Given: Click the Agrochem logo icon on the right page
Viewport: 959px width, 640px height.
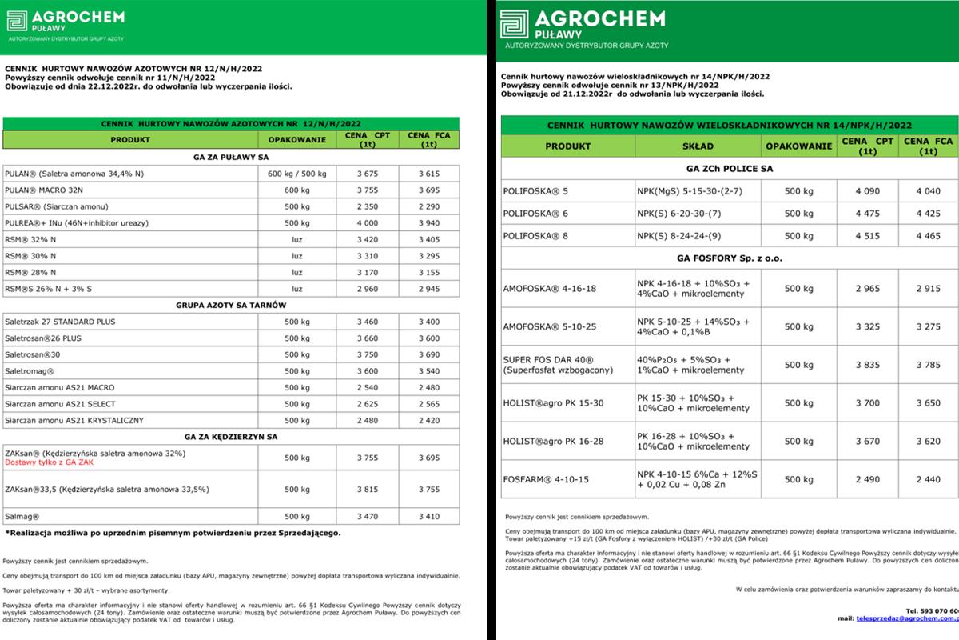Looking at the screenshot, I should pyautogui.click(x=514, y=24).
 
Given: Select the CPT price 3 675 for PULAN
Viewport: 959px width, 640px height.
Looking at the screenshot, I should pyautogui.click(x=368, y=174).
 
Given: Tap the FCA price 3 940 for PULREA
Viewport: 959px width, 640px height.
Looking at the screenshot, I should pyautogui.click(x=428, y=223).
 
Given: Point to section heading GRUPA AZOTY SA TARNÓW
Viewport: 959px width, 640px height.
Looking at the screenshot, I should pyautogui.click(x=231, y=306).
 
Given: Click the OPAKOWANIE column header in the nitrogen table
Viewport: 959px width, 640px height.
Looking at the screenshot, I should pyautogui.click(x=297, y=139).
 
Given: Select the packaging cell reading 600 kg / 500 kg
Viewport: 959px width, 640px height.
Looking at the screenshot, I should pyautogui.click(x=297, y=174).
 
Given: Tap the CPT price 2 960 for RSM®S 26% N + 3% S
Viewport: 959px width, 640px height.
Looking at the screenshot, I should pyautogui.click(x=368, y=288).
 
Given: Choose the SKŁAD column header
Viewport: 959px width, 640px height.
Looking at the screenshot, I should pyautogui.click(x=698, y=147).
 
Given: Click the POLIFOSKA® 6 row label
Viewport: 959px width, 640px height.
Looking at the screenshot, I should pyautogui.click(x=535, y=214).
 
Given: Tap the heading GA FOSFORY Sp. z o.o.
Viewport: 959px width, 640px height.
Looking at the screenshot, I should pyautogui.click(x=730, y=259).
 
